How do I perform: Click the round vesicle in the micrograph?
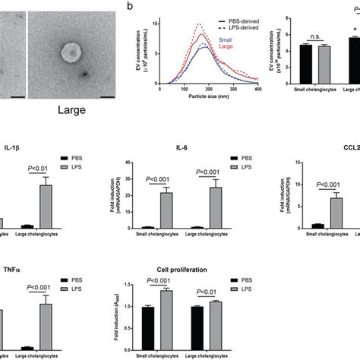71,52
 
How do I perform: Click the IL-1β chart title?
12,151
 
